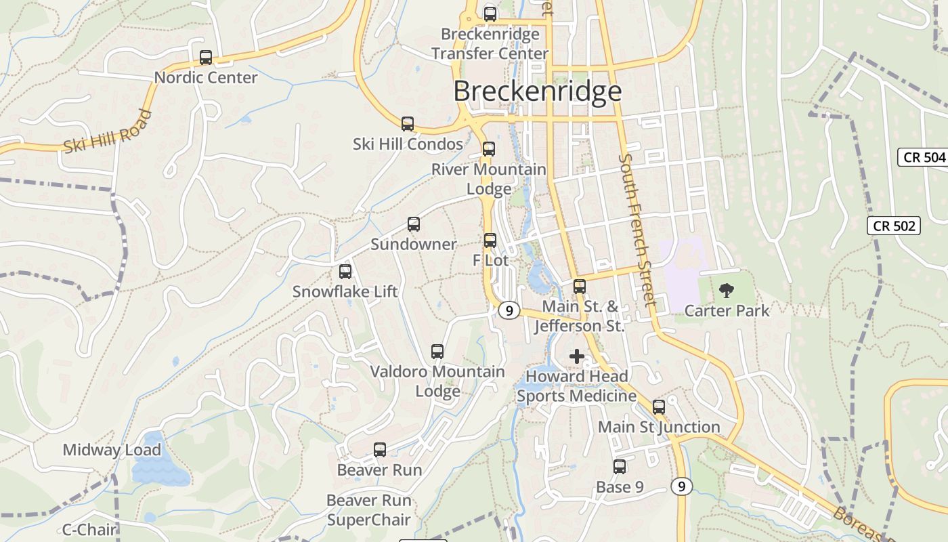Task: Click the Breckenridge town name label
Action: click(x=537, y=91)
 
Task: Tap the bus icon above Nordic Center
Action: click(x=206, y=58)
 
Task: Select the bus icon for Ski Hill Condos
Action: click(x=408, y=124)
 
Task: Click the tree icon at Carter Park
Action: click(x=727, y=291)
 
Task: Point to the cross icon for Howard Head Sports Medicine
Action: click(x=577, y=356)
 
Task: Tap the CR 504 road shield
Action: click(x=924, y=157)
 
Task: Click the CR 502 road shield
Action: click(x=894, y=226)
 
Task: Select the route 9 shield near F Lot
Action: click(x=509, y=311)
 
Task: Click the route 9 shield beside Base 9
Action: click(x=683, y=486)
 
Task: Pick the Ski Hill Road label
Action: click(x=108, y=132)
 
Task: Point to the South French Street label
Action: click(x=637, y=230)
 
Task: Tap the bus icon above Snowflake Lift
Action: click(x=345, y=272)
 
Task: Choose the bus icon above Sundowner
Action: click(x=414, y=224)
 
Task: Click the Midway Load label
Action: click(x=112, y=450)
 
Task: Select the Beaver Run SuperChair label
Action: click(x=369, y=510)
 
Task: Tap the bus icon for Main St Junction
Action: click(x=659, y=407)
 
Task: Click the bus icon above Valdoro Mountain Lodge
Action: click(x=437, y=352)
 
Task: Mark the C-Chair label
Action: click(x=89, y=530)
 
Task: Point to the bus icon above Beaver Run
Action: click(x=380, y=450)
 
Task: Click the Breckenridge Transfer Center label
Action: click(x=490, y=43)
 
